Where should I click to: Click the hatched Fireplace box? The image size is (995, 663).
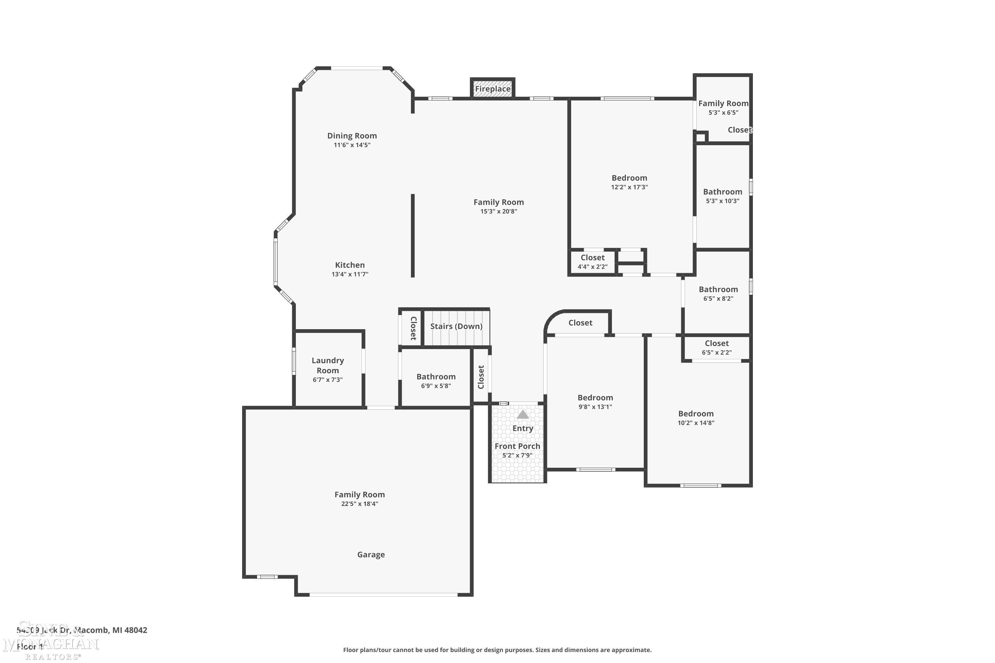point(493,89)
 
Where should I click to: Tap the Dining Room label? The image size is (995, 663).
point(352,136)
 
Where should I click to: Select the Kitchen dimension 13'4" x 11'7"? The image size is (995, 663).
point(350,274)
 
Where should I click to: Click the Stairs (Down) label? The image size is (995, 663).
point(456,326)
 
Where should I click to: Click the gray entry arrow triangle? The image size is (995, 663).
point(523,414)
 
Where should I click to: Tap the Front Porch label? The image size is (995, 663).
point(517,446)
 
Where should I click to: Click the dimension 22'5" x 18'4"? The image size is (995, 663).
point(360,504)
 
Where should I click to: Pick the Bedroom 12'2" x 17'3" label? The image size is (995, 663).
point(629,178)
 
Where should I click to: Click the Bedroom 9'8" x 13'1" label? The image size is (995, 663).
point(595,397)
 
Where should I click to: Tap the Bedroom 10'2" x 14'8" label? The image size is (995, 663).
point(696,413)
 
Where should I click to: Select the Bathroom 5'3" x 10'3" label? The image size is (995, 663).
point(723,192)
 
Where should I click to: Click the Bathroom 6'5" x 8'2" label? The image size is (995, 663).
point(718,289)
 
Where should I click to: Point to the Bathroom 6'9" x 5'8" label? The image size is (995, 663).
point(436,376)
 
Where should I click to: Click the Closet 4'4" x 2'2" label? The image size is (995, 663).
point(592,258)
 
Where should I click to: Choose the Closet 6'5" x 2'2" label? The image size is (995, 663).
point(717,343)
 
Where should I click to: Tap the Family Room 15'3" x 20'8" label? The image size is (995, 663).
point(498,202)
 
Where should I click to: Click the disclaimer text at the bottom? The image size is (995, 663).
point(497,650)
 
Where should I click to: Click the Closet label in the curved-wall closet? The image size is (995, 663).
point(580,323)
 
